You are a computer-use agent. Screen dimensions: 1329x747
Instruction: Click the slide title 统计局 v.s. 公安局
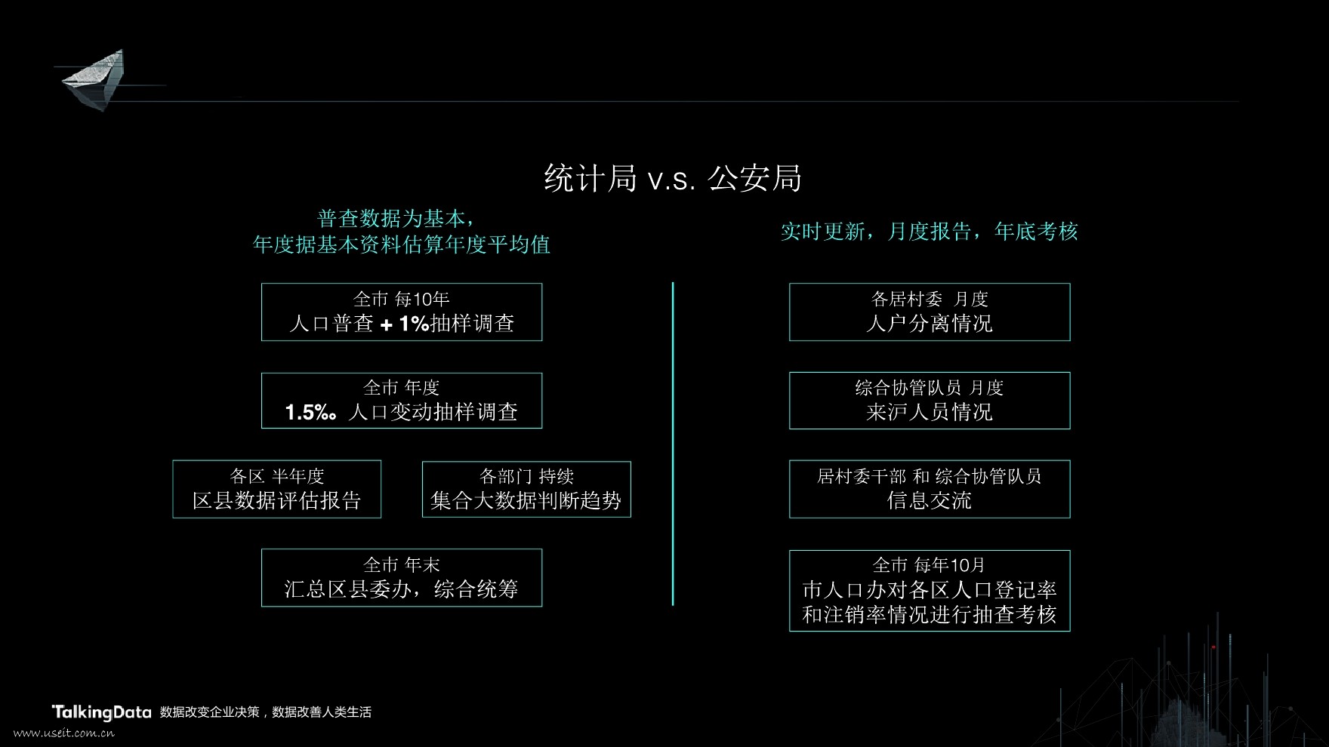pyautogui.click(x=672, y=179)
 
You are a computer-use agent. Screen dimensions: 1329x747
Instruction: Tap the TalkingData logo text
pyautogui.click(x=101, y=712)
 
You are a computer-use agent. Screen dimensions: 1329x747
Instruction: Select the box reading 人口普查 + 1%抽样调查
pyautogui.click(x=401, y=312)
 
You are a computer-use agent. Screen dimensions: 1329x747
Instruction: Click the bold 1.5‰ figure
pyautogui.click(x=310, y=413)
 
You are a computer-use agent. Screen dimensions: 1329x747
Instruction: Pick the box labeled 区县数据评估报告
pyautogui.click(x=276, y=490)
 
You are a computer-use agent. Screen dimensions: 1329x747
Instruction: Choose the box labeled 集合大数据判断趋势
pyautogui.click(x=526, y=490)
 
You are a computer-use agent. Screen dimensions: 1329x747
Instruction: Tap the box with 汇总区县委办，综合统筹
pyautogui.click(x=401, y=578)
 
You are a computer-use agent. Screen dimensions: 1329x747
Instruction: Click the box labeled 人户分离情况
pyautogui.click(x=929, y=312)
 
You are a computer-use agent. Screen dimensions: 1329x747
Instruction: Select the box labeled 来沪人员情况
pyautogui.click(x=929, y=401)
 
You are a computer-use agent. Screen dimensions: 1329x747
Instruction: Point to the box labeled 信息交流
pyautogui.click(x=929, y=490)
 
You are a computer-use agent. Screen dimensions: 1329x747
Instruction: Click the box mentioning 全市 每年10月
pyautogui.click(x=929, y=591)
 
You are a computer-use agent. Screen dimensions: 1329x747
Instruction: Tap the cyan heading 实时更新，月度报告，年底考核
pyautogui.click(x=929, y=231)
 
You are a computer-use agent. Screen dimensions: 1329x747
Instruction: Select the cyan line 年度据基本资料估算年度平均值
pyautogui.click(x=401, y=244)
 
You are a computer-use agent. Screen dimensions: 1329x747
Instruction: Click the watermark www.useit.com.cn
pyautogui.click(x=64, y=733)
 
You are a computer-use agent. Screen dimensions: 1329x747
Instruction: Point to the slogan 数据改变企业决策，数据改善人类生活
pyautogui.click(x=266, y=712)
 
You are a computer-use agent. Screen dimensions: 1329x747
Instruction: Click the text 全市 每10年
pyautogui.click(x=401, y=300)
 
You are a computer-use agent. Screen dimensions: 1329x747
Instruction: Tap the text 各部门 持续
pyautogui.click(x=526, y=476)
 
